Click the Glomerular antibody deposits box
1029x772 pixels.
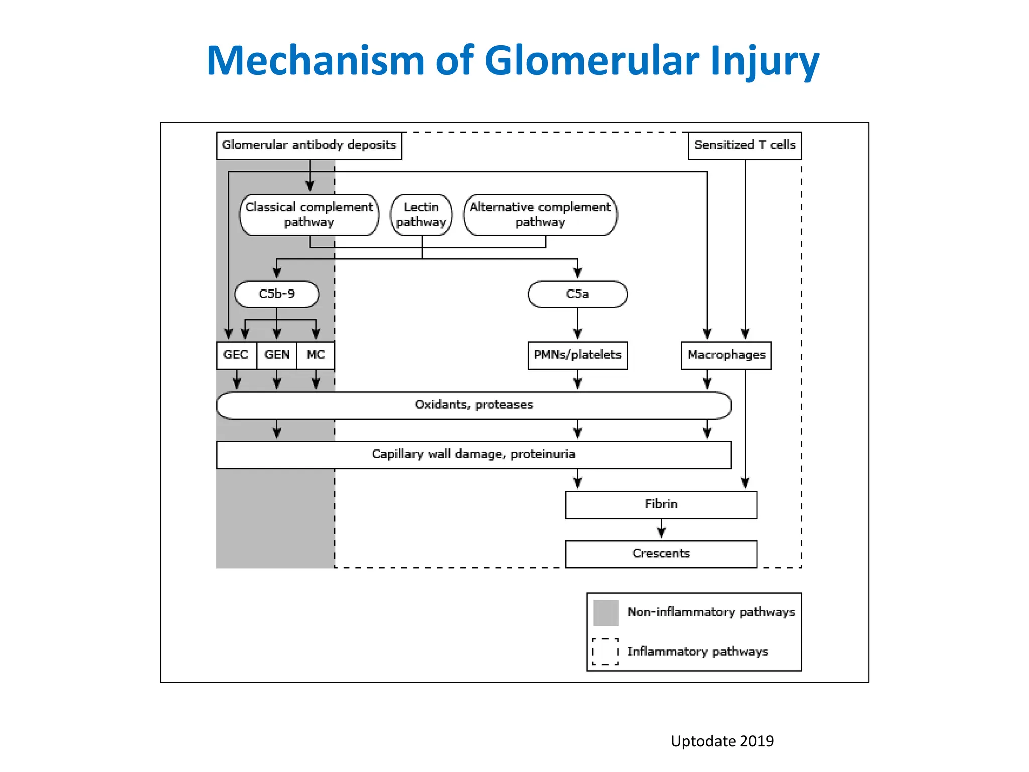click(309, 145)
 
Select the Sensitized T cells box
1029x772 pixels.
click(745, 145)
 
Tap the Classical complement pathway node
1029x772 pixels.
click(309, 215)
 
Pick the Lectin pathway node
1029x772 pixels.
click(421, 215)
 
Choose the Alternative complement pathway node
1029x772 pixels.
click(540, 215)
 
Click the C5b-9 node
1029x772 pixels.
click(277, 294)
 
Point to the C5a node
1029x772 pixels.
click(577, 294)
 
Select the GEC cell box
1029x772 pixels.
click(236, 355)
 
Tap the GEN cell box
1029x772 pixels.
click(277, 355)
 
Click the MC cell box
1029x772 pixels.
click(316, 355)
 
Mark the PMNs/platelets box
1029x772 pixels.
click(577, 355)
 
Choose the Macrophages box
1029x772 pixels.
click(726, 355)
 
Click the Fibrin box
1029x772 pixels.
click(661, 504)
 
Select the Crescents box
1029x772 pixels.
click(661, 554)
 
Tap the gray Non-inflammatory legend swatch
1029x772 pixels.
click(605, 612)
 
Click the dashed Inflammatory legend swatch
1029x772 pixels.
click(605, 652)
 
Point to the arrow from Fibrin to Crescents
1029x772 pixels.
click(661, 529)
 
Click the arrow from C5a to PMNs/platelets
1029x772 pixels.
click(577, 324)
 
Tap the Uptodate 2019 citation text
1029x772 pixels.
click(722, 741)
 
